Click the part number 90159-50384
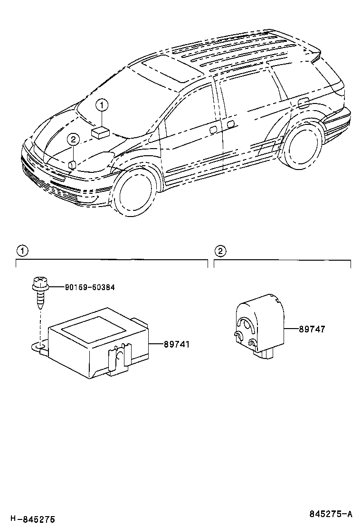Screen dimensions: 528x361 click(90, 287)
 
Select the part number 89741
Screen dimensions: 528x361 click(177, 344)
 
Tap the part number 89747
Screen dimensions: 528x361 click(312, 329)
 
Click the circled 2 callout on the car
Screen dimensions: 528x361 click(73, 140)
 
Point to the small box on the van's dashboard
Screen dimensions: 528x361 click(101, 132)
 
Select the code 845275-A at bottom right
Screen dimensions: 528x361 click(331, 514)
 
